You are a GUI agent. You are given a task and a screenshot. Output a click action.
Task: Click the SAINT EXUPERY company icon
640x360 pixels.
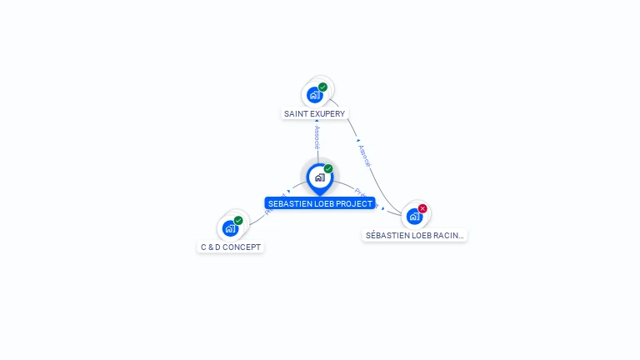click(314, 94)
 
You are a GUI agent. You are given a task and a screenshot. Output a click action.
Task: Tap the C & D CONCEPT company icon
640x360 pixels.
click(230, 227)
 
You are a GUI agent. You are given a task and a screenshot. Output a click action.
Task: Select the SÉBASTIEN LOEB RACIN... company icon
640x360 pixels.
click(414, 216)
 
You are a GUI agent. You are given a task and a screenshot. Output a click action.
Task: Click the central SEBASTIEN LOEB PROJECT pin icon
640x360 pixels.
click(319, 177)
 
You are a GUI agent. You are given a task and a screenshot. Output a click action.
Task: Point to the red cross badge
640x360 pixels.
click(422, 208)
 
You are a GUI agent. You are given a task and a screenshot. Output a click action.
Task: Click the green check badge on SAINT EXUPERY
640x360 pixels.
click(322, 87)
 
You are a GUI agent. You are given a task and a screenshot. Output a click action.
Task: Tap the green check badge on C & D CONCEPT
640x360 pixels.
click(238, 220)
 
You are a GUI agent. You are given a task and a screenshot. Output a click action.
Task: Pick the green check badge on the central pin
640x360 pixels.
click(328, 169)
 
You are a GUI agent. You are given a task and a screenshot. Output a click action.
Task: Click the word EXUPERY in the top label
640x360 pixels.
click(326, 113)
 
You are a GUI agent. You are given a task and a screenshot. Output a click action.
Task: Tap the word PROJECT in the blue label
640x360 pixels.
click(355, 203)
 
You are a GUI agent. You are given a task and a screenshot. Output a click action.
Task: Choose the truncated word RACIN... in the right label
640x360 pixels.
click(449, 236)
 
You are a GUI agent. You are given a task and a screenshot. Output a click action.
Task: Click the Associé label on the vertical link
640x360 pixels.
click(317, 138)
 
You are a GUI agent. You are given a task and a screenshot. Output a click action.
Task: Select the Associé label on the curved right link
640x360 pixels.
click(363, 156)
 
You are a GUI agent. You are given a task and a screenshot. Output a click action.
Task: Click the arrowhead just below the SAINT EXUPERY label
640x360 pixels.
click(317, 122)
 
